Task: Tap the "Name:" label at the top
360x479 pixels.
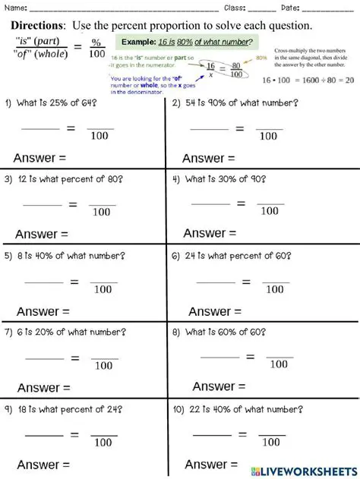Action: click(x=17, y=8)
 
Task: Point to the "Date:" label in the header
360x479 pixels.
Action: click(x=289, y=8)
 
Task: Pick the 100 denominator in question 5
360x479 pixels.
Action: click(x=103, y=289)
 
